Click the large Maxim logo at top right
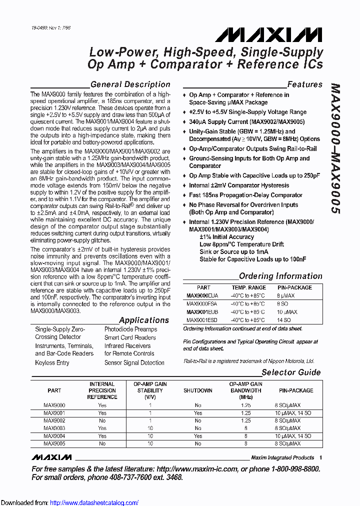pyautogui.click(x=268, y=34)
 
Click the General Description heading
pyautogui.click(x=130, y=84)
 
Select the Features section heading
pyautogui.click(x=304, y=84)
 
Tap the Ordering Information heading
pyautogui.click(x=280, y=276)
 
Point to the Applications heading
pyautogui.click(x=144, y=320)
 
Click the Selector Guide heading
pyautogui.click(x=291, y=372)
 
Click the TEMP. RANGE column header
pyautogui.click(x=248, y=287)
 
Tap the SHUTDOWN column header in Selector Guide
pyautogui.click(x=197, y=390)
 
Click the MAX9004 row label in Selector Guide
pyautogui.click(x=54, y=436)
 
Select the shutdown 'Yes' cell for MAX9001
pyautogui.click(x=198, y=413)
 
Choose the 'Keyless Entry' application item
pyautogui.click(x=52, y=362)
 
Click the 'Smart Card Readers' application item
pyautogui.click(x=122, y=337)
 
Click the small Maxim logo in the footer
pyautogui.click(x=51, y=457)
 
